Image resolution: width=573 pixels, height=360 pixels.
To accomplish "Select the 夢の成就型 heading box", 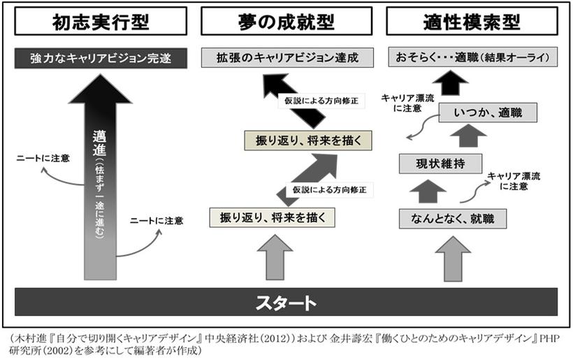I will pos(286,22).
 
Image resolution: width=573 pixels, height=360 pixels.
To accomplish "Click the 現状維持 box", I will pos(440,164).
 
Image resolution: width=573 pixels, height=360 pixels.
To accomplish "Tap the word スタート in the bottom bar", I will pos(286,302).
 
